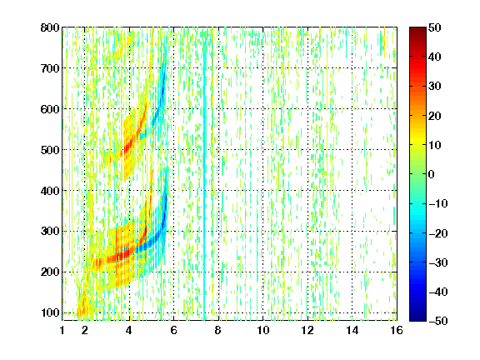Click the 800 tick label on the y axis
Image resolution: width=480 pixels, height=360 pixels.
[x=50, y=27]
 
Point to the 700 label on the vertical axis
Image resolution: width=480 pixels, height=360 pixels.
[x=50, y=68]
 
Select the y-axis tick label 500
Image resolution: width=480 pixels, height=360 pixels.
[x=50, y=150]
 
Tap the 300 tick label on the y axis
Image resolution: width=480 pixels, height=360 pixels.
[x=50, y=232]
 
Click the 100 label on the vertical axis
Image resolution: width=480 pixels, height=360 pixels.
[x=50, y=312]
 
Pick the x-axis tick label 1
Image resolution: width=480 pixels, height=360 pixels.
[x=62, y=330]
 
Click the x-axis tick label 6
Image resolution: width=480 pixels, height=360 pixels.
[x=174, y=330]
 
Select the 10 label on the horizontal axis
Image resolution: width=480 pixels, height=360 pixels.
[x=263, y=330]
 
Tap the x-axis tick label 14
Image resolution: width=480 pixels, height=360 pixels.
[x=352, y=330]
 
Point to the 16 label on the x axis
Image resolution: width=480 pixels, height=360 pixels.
[x=397, y=330]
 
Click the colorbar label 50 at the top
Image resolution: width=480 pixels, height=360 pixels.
[x=435, y=27]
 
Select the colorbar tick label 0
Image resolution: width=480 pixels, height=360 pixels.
[x=432, y=174]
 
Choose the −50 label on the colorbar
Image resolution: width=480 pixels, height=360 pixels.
[x=438, y=321]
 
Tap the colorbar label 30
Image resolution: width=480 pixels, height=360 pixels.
[x=435, y=87]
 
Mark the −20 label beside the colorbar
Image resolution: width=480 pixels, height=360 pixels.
[x=438, y=233]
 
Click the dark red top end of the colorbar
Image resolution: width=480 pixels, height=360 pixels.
[x=417, y=29]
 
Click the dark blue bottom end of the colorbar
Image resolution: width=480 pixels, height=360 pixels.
[x=417, y=319]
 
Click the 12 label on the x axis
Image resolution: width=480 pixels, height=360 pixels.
[x=307, y=330]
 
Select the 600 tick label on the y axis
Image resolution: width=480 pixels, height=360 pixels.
[x=50, y=109]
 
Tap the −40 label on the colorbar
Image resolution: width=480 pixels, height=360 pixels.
[x=438, y=292]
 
